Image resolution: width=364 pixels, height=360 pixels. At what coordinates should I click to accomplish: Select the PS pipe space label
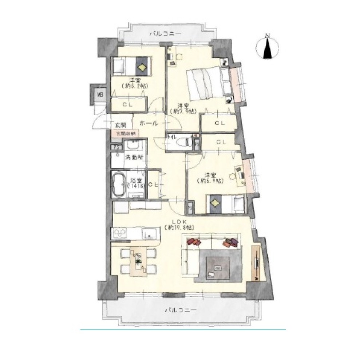(116, 148)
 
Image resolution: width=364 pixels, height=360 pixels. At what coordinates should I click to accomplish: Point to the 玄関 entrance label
(120, 125)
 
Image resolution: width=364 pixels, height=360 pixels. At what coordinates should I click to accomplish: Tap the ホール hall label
(149, 124)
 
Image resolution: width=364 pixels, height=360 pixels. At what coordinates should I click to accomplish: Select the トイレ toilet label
(172, 137)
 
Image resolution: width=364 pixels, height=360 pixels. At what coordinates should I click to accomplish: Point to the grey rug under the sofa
(217, 267)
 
